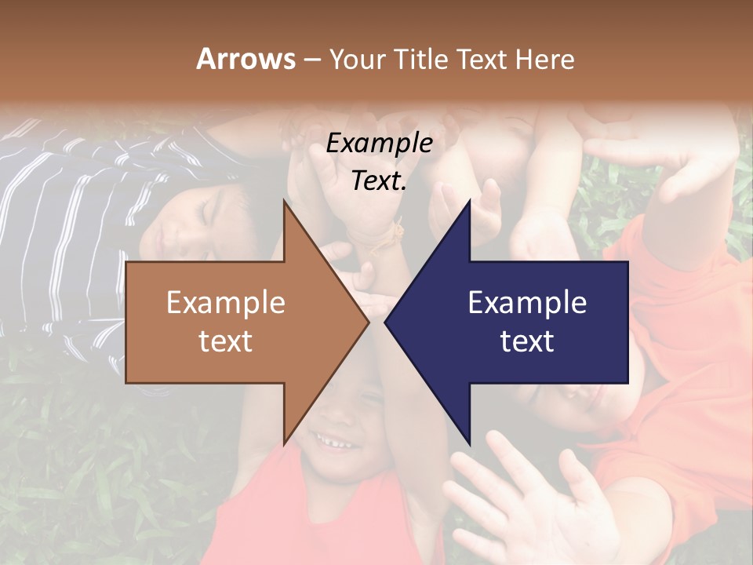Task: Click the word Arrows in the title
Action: tap(246, 59)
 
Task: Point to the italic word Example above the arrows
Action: tap(379, 144)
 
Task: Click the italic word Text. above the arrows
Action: tap(379, 180)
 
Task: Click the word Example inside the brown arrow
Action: tap(226, 303)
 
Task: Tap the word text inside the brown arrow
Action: tap(226, 341)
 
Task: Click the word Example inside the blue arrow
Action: tap(527, 303)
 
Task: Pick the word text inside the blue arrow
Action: tap(527, 341)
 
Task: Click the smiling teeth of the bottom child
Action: tap(336, 445)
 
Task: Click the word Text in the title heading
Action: tap(482, 59)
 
